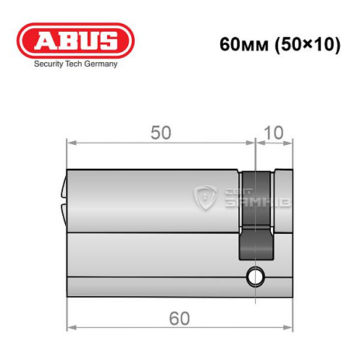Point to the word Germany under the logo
(x=100, y=64)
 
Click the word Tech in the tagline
(x=73, y=64)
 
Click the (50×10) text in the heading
(x=304, y=44)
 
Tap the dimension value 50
(x=160, y=132)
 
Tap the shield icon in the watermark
(x=205, y=195)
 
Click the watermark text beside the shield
(x=244, y=195)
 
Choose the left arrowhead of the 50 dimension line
(x=70, y=142)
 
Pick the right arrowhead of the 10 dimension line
(x=290, y=142)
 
